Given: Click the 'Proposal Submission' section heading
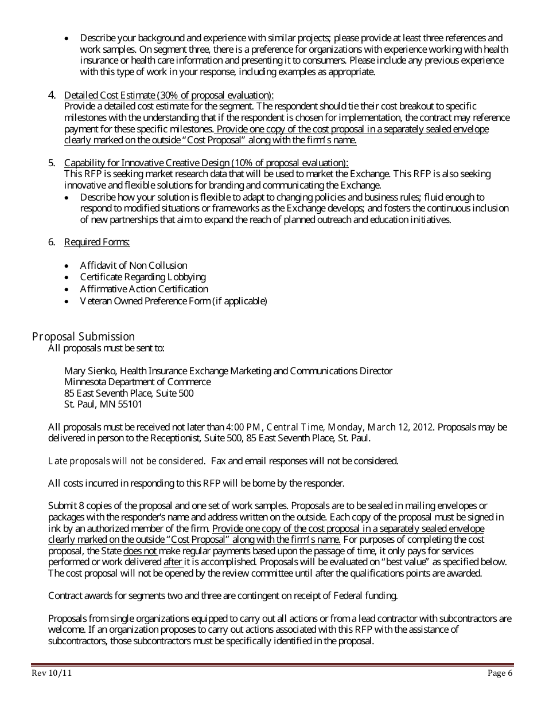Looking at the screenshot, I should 83,336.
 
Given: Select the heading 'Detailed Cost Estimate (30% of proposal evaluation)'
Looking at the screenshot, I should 169,95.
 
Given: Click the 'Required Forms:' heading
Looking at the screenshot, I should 97,242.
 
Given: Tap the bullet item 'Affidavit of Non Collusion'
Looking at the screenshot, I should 134,265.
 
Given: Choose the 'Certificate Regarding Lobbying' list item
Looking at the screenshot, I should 143,277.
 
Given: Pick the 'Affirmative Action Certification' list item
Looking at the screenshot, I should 144,289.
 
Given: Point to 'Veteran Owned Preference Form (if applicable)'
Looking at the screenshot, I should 173,301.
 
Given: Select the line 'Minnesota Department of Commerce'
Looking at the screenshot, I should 137,382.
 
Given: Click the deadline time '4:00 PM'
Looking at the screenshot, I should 244,427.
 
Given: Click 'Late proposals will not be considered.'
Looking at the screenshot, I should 126,461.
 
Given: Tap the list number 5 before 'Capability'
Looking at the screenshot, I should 52,163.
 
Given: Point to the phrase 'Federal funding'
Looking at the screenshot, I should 365,596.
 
